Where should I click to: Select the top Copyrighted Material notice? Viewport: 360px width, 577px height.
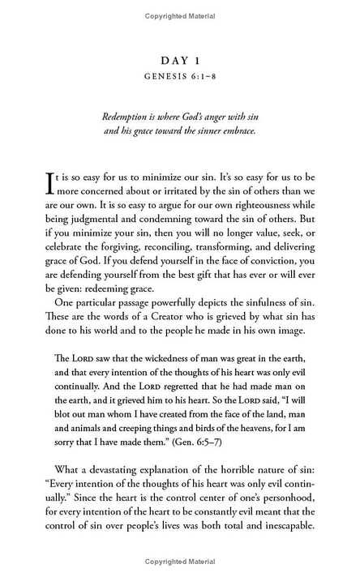coord(179,15)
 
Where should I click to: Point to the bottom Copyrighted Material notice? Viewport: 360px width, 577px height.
coord(179,562)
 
